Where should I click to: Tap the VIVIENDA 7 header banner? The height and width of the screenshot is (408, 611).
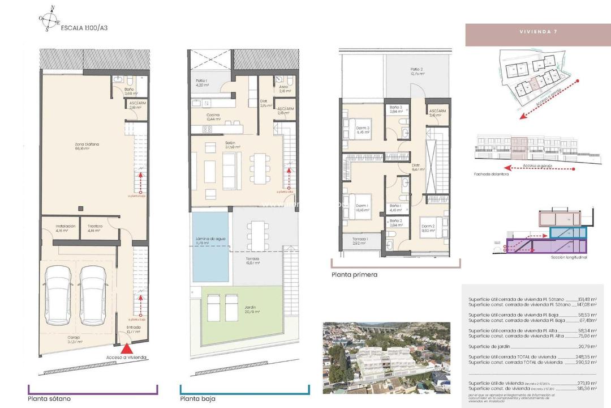point(537,32)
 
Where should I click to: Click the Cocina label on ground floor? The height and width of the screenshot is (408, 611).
point(213,117)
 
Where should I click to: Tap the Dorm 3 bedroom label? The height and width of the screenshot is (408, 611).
point(363,130)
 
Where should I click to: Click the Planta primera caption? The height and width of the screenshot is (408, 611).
point(354,275)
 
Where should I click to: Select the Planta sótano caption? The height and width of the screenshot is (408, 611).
point(49,399)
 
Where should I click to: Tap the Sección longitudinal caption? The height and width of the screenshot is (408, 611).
point(569,257)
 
